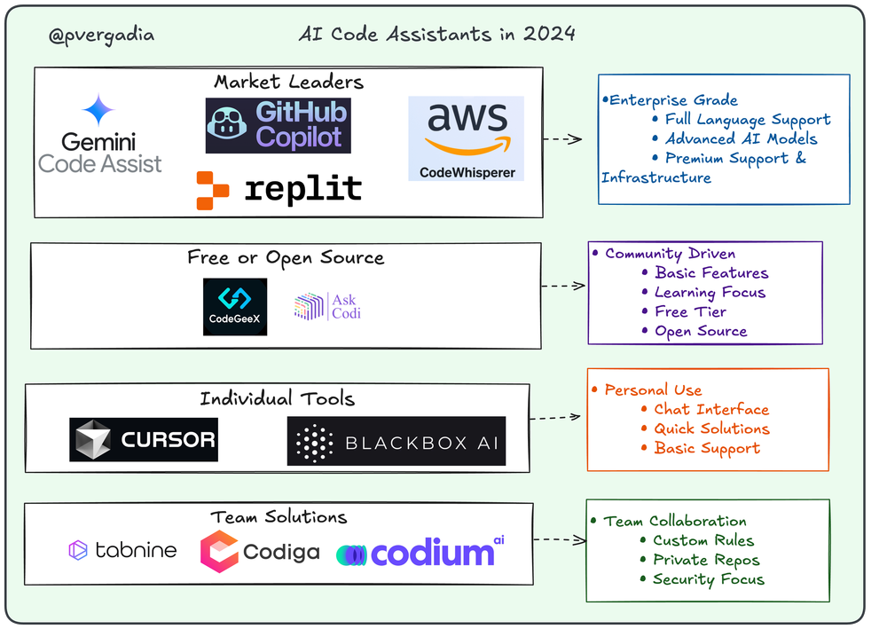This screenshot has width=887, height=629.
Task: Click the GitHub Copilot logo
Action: pyautogui.click(x=278, y=125)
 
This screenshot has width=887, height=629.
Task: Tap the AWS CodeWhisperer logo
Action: pyautogui.click(x=466, y=138)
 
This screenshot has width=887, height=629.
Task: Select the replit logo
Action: pyautogui.click(x=279, y=189)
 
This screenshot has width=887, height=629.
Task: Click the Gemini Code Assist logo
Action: pyautogui.click(x=100, y=135)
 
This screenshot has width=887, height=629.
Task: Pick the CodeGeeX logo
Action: pyautogui.click(x=235, y=306)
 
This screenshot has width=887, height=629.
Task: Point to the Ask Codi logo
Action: pyautogui.click(x=327, y=306)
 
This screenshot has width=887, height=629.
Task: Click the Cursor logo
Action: pyautogui.click(x=144, y=439)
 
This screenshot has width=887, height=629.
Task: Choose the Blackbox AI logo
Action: pyautogui.click(x=396, y=441)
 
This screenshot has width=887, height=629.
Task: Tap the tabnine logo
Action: pyautogui.click(x=122, y=550)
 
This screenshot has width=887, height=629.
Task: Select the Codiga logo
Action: pyautogui.click(x=260, y=552)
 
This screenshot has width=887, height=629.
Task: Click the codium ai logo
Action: pyautogui.click(x=420, y=552)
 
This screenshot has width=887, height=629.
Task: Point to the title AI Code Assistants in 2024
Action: pyautogui.click(x=436, y=35)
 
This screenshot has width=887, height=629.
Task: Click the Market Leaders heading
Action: pyautogui.click(x=288, y=82)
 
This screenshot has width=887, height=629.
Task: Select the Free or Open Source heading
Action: pyautogui.click(x=286, y=258)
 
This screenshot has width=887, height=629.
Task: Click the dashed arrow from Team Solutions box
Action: pyautogui.click(x=561, y=539)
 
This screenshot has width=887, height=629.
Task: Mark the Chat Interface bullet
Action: pyautogui.click(x=710, y=409)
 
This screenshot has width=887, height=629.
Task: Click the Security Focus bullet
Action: pyautogui.click(x=708, y=579)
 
